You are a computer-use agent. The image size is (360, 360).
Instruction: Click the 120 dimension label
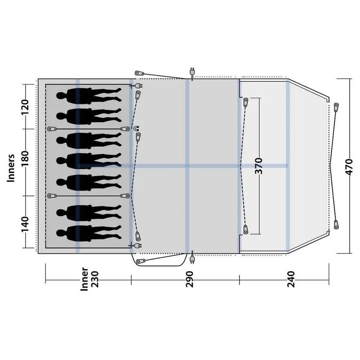point(25,107)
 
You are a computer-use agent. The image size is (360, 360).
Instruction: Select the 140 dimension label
point(25,224)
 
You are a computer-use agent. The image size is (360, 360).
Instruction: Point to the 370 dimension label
point(258,166)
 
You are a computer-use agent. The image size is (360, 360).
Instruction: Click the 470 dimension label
point(349,167)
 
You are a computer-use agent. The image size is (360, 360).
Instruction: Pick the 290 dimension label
point(190,279)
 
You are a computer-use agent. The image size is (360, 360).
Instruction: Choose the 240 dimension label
point(291,279)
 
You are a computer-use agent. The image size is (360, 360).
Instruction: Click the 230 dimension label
point(94,279)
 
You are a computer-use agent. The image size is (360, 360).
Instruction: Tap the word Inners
point(11,168)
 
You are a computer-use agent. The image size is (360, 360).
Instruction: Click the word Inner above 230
point(84,279)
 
